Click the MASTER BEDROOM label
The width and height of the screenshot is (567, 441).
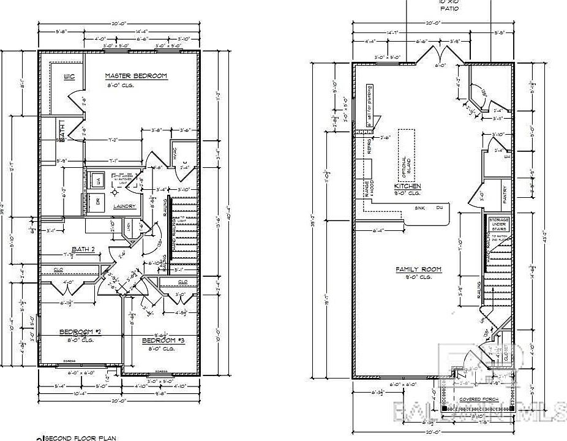coord(136,76)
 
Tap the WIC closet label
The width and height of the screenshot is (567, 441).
coord(69,77)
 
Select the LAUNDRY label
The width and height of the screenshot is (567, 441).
coord(124,206)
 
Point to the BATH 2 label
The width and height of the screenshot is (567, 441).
coord(83,249)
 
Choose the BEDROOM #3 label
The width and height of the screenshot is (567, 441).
coord(163,341)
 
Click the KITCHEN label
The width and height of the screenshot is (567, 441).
coord(407,186)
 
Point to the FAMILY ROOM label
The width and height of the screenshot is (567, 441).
coord(418,269)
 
